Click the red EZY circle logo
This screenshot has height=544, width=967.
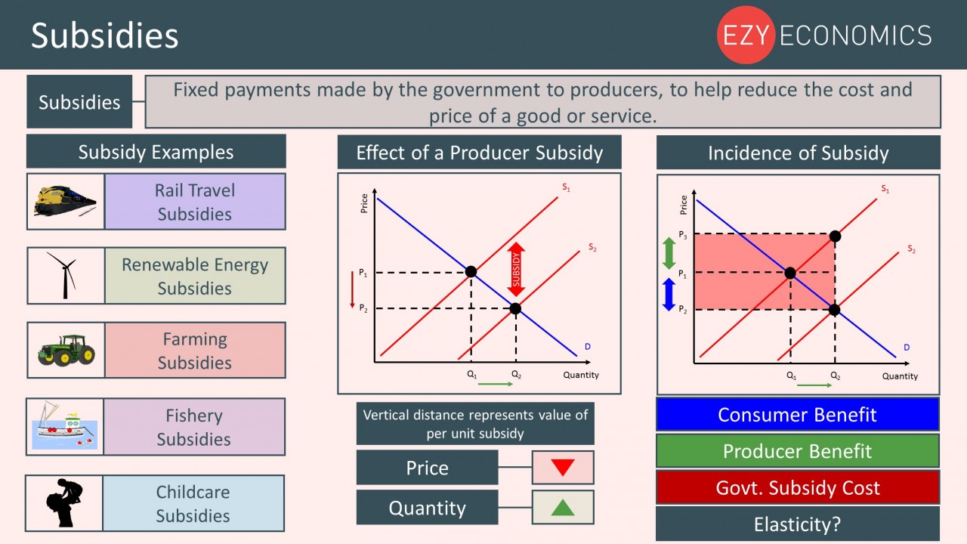746,35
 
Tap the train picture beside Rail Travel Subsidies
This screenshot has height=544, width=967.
65,201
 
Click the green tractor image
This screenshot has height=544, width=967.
66,350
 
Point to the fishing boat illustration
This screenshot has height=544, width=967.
65,425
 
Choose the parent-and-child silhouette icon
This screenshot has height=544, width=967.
64,503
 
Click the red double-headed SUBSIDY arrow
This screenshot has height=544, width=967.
516,270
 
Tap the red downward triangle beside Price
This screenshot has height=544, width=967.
563,468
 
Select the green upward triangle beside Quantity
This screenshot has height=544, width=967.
563,507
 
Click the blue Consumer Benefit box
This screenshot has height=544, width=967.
797,415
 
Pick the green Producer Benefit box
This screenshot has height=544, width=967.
797,451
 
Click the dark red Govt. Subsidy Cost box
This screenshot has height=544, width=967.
797,487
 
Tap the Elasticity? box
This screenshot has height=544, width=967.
797,524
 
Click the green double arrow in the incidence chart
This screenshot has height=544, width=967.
669,253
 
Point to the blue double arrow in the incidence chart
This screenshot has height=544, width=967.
669,295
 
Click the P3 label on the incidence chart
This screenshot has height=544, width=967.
682,235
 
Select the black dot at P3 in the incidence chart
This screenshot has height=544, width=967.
835,236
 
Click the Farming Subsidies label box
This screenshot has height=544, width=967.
195,350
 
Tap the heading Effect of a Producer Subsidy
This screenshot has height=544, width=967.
479,153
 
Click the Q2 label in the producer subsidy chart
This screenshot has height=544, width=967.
516,374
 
